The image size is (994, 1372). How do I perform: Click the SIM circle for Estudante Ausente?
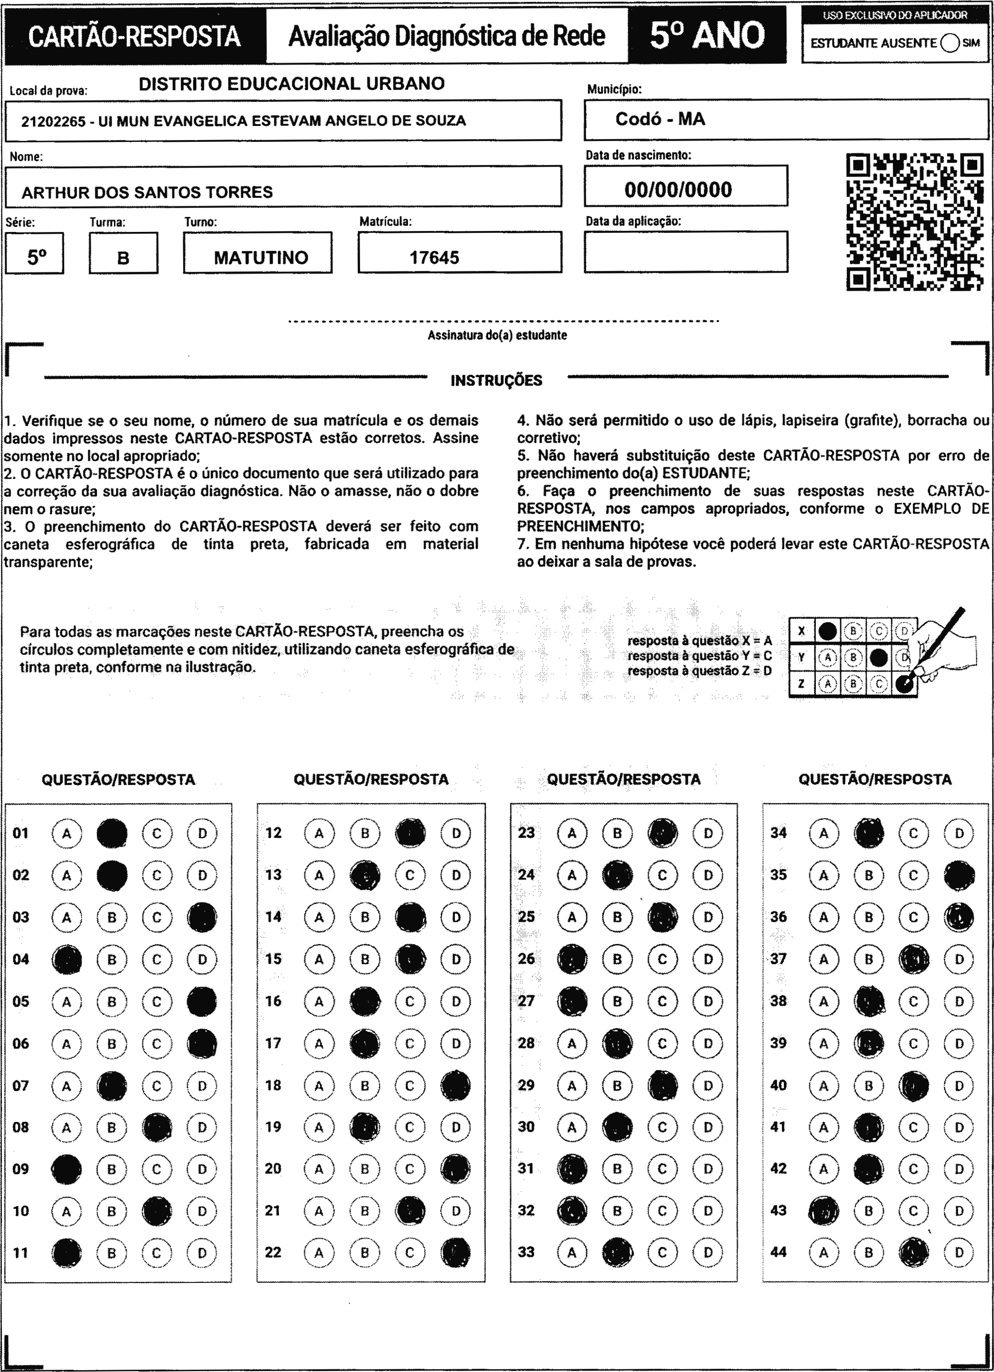coord(950,43)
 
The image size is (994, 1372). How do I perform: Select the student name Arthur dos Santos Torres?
coord(147,192)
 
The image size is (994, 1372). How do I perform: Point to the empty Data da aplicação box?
coord(685,252)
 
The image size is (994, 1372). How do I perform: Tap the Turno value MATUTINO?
coord(261,258)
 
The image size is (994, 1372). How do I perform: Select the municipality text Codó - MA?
coord(660,119)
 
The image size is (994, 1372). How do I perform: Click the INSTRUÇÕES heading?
coord(496,380)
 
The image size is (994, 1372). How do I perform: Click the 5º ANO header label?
coord(707,35)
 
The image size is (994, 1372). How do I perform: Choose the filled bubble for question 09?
coord(67,1169)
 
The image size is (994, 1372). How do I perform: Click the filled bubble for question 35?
coord(959,875)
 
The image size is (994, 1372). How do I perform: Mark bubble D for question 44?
coord(959,1252)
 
